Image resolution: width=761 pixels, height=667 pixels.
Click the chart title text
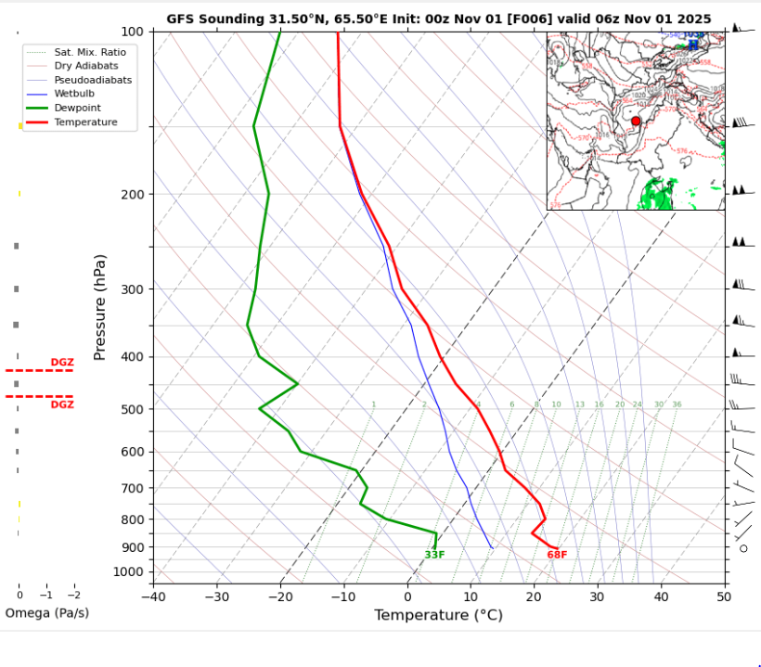pyautogui.click(x=439, y=19)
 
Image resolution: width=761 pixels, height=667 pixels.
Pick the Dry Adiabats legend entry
pyautogui.click(x=91, y=66)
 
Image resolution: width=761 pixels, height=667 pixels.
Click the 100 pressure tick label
pyautogui.click(x=131, y=32)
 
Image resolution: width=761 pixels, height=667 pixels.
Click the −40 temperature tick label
pyautogui.click(x=153, y=596)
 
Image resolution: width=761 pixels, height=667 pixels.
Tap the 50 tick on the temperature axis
pyautogui.click(x=724, y=596)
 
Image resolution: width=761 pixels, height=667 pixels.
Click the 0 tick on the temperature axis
pyautogui.click(x=407, y=596)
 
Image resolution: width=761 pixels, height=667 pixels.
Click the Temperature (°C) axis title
pyautogui.click(x=438, y=615)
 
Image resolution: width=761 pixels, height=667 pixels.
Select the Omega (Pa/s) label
pyautogui.click(x=47, y=613)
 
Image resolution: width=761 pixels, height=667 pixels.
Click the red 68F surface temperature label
pyautogui.click(x=557, y=555)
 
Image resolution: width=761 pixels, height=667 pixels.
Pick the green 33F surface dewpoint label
pyautogui.click(x=434, y=555)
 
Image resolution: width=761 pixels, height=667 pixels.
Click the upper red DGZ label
pyautogui.click(x=62, y=362)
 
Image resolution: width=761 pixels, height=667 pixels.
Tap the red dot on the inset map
pyautogui.click(x=636, y=122)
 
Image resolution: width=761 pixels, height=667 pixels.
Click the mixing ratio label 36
pyautogui.click(x=677, y=404)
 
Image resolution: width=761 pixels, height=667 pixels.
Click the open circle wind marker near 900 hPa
pyautogui.click(x=743, y=548)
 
